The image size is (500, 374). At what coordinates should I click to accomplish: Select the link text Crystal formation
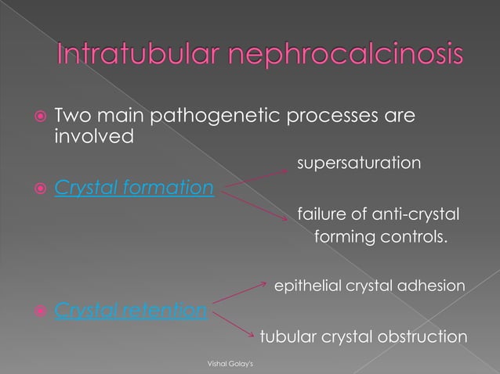(133, 189)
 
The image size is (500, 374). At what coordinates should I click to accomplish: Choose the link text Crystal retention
(131, 311)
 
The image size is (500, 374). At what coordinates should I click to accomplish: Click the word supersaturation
(358, 164)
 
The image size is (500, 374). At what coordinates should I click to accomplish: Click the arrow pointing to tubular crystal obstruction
(234, 323)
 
